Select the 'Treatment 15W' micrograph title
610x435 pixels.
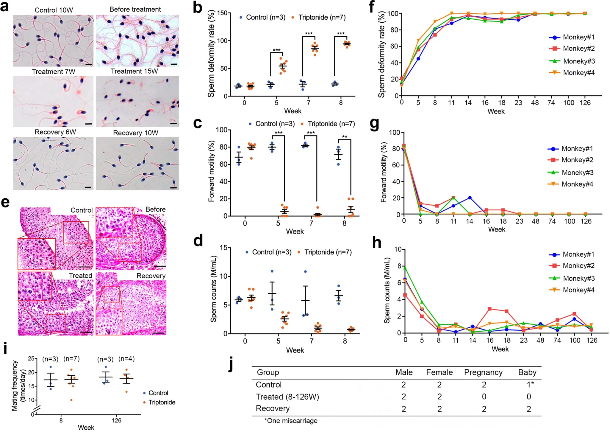(x=134, y=72)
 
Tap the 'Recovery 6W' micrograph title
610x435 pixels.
(x=55, y=132)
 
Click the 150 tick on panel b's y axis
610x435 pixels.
(x=222, y=13)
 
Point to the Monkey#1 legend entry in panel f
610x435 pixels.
(x=572, y=38)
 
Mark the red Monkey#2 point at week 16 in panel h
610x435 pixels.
(x=490, y=309)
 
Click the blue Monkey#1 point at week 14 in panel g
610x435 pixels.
(x=470, y=198)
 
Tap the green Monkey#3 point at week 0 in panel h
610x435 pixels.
(x=405, y=268)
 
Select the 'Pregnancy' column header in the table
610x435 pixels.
(x=483, y=372)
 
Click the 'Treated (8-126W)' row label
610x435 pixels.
(x=287, y=397)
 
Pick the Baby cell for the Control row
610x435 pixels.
(x=530, y=385)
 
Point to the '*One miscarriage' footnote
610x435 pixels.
(x=291, y=421)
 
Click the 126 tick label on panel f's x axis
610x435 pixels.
(x=585, y=103)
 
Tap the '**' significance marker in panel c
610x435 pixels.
(x=345, y=137)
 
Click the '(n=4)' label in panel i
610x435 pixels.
(x=126, y=359)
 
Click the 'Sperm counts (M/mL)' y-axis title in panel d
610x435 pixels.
(x=213, y=289)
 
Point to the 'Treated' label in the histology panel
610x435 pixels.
(x=80, y=276)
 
